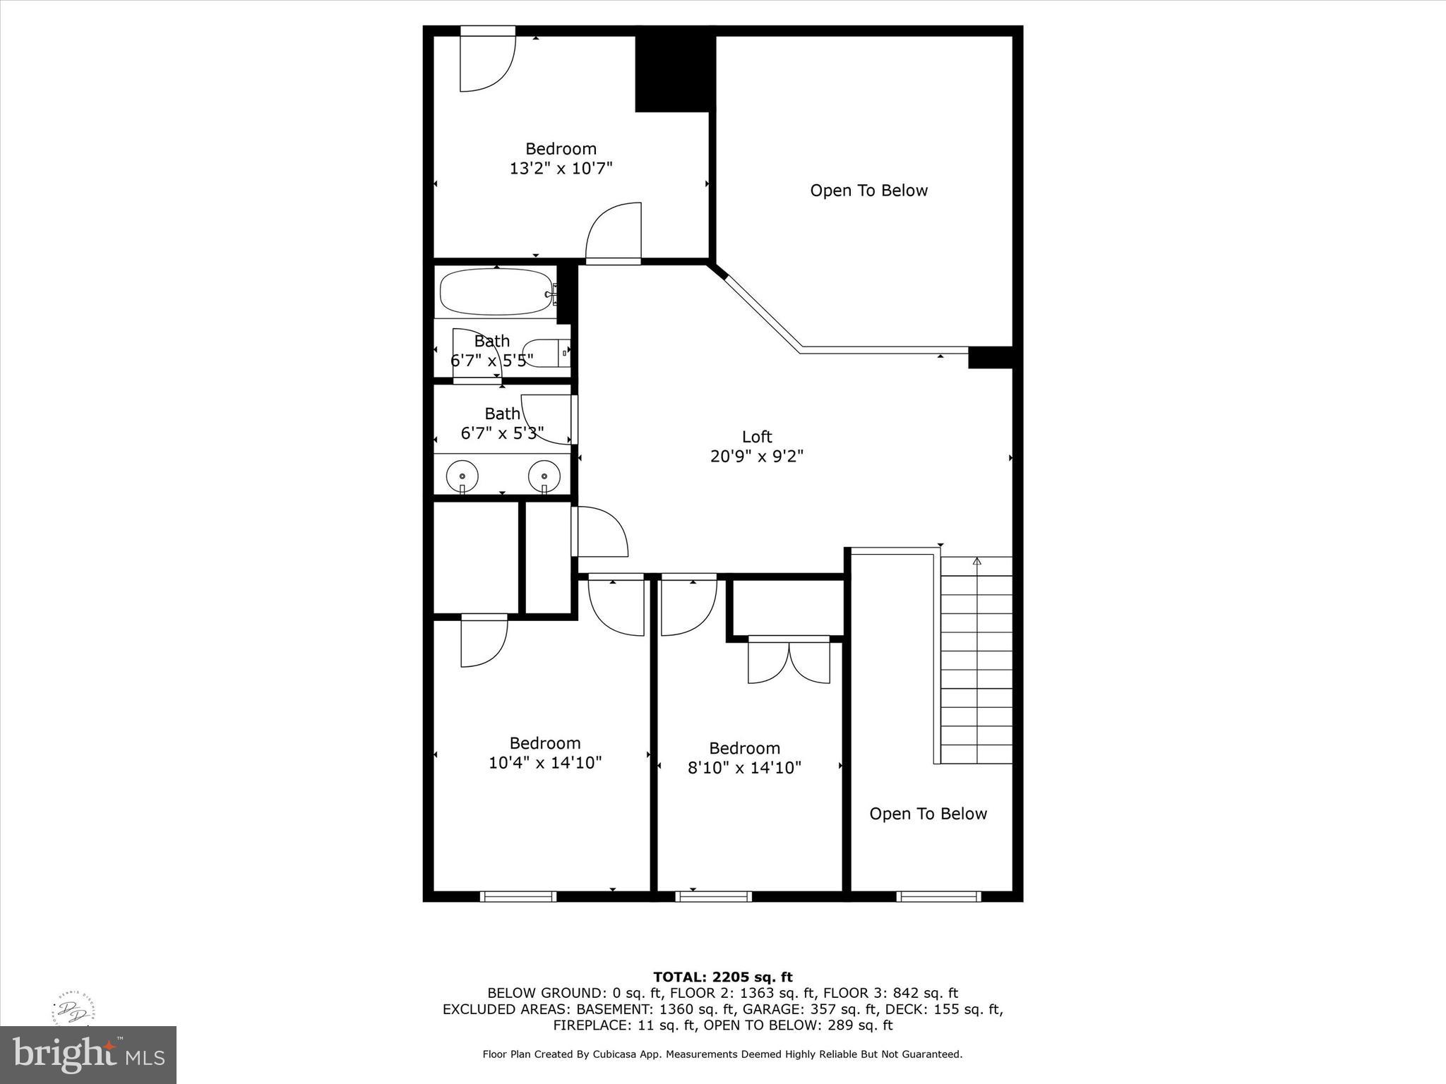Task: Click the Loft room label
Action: pyautogui.click(x=756, y=437)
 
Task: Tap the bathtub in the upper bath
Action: pyautogui.click(x=496, y=291)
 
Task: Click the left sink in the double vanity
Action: pyautogui.click(x=462, y=476)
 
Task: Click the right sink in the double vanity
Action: pyautogui.click(x=544, y=476)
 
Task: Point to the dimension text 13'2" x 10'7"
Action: pyautogui.click(x=561, y=169)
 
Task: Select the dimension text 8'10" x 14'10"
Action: pyautogui.click(x=744, y=768)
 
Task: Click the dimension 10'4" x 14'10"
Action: pyautogui.click(x=544, y=763)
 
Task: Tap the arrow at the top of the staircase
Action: pyautogui.click(x=976, y=562)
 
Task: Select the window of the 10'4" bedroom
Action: pyautogui.click(x=518, y=896)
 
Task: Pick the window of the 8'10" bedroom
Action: pyautogui.click(x=713, y=896)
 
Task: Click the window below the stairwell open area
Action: pyautogui.click(x=938, y=896)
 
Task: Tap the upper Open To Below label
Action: pyautogui.click(x=868, y=191)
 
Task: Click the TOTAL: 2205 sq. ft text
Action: pyautogui.click(x=722, y=977)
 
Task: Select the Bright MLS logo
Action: pyautogui.click(x=88, y=1054)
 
